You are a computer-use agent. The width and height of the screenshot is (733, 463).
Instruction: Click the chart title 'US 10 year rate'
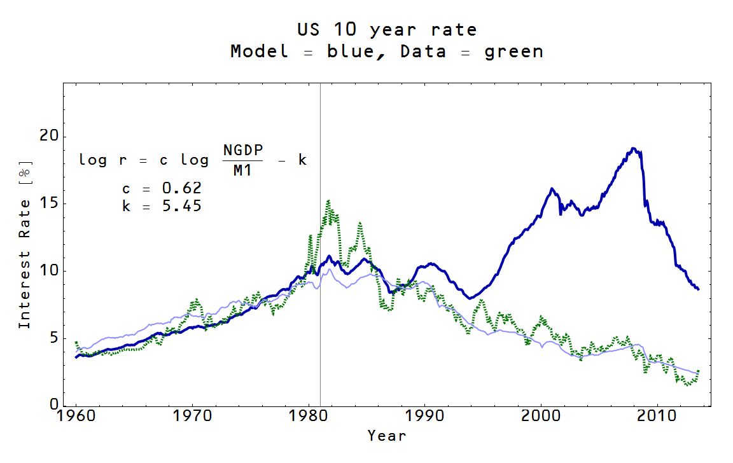[386, 29]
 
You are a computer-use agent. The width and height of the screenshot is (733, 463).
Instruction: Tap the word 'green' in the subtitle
[513, 52]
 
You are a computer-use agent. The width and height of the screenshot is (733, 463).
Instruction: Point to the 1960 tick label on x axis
[76, 417]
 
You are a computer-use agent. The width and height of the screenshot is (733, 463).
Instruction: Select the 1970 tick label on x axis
[192, 417]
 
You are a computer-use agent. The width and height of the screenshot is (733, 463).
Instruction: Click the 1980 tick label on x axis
[309, 417]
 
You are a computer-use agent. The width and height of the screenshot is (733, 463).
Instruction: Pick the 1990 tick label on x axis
[424, 417]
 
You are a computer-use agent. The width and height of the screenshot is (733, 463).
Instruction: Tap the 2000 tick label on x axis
[541, 417]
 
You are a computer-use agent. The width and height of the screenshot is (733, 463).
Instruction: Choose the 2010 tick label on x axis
[657, 417]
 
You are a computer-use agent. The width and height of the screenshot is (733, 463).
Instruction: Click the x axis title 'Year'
[386, 436]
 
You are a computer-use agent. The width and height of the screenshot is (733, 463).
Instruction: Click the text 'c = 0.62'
[162, 188]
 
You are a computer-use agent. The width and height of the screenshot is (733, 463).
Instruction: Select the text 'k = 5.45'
[162, 205]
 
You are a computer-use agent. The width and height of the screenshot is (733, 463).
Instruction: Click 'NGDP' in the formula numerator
[242, 149]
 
